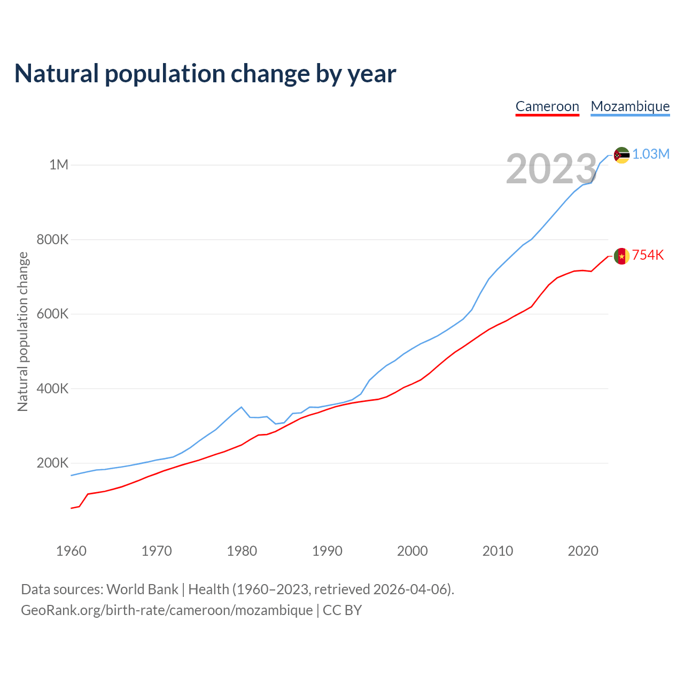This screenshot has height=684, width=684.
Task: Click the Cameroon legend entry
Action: click(x=547, y=106)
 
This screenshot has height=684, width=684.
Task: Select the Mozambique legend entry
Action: click(x=630, y=106)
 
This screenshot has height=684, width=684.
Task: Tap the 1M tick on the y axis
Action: click(x=59, y=165)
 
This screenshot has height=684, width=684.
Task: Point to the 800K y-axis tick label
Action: click(x=52, y=239)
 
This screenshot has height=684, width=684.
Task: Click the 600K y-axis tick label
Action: click(x=52, y=314)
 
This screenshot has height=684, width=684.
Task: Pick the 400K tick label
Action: click(x=52, y=388)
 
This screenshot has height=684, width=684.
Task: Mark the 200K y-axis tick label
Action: click(x=52, y=463)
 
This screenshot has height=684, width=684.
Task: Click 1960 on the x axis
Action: click(x=71, y=551)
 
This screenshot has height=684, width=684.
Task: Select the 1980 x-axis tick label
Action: click(x=242, y=551)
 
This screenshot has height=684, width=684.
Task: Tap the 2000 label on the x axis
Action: click(x=412, y=551)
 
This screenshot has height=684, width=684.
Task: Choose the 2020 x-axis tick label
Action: click(x=582, y=551)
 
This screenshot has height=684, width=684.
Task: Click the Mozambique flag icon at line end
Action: click(x=621, y=155)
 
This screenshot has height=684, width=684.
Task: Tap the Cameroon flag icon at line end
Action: click(x=621, y=256)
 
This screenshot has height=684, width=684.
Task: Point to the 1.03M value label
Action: click(x=651, y=154)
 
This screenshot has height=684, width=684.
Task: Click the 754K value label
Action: click(x=648, y=255)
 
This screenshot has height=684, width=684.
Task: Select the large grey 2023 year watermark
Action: click(x=551, y=169)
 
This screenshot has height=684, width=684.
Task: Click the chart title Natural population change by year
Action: click(x=205, y=74)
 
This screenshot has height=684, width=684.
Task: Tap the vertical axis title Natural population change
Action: click(x=22, y=331)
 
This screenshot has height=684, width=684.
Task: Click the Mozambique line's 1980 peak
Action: click(x=242, y=407)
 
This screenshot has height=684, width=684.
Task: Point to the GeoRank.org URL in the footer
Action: click(x=167, y=610)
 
